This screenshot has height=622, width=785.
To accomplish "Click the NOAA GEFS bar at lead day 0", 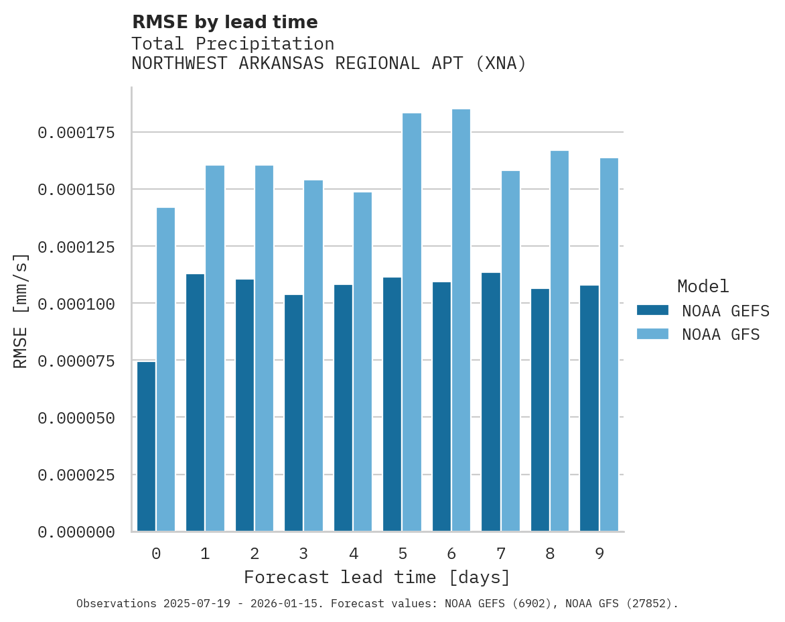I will (x=146, y=446).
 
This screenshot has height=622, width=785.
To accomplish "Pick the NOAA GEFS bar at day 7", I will (x=490, y=402).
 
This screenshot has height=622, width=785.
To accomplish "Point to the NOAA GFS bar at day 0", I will (x=165, y=369).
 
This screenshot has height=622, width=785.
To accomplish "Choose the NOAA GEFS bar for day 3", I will (x=293, y=413).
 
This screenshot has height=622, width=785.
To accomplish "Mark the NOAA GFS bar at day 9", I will (x=609, y=345).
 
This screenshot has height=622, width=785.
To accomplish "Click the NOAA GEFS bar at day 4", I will (x=343, y=408).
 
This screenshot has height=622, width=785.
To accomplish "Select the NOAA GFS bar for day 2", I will (x=264, y=349).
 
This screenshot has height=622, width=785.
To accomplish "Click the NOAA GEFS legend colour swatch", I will (x=652, y=310).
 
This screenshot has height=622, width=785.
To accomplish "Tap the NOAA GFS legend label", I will (x=721, y=334).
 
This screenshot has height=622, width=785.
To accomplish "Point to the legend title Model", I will (x=703, y=287).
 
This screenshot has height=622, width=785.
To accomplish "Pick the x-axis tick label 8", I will (x=550, y=554).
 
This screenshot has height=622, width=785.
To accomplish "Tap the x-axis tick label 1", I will (x=205, y=554).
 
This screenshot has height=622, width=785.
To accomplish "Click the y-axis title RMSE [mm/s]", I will (x=21, y=311).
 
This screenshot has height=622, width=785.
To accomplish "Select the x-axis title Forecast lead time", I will (x=377, y=577).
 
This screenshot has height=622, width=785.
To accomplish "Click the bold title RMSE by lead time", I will (x=224, y=22).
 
